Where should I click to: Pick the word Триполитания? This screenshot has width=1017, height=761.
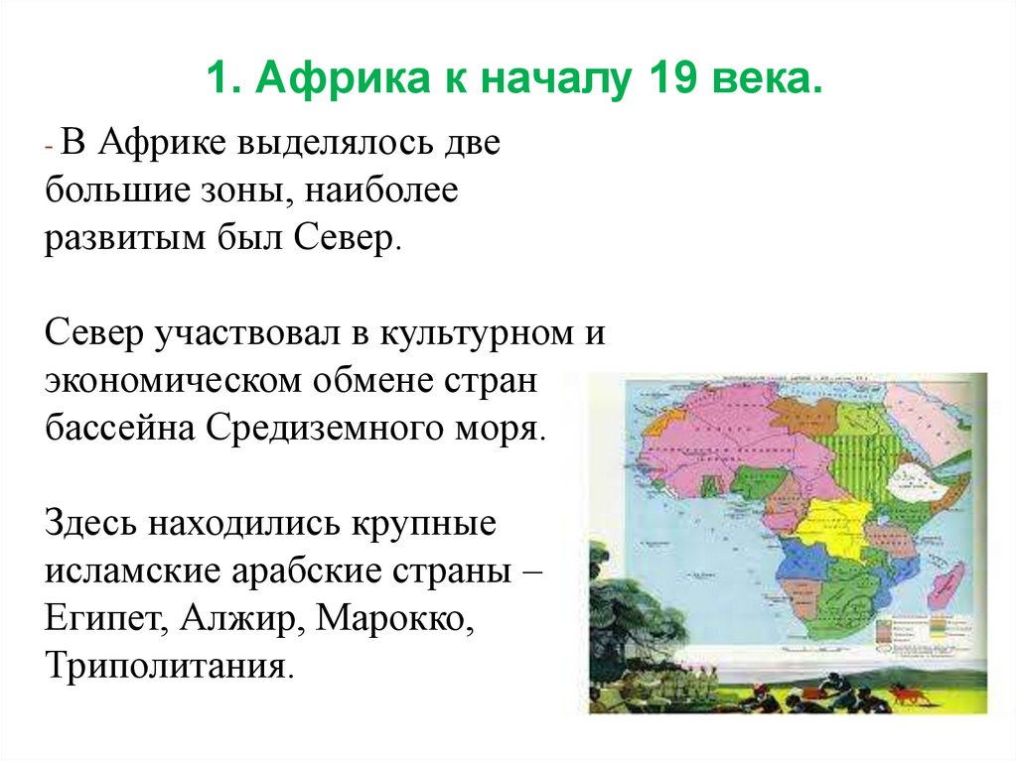point(168,664)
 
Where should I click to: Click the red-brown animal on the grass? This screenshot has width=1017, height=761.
point(908,694)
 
